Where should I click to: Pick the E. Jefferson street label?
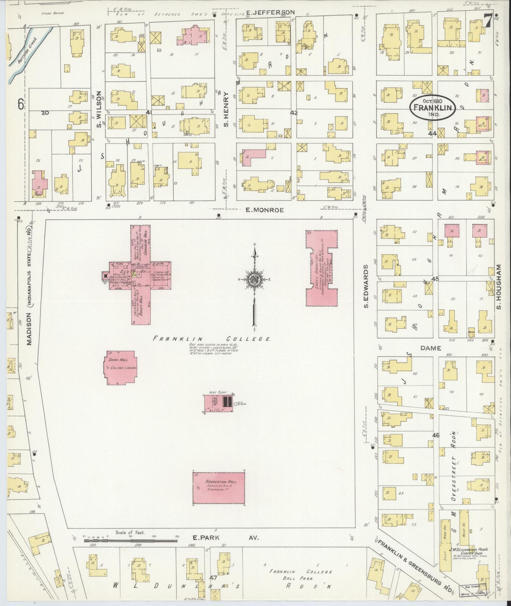pos(270,13)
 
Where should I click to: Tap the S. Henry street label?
pos(226,109)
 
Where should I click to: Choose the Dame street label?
pos(431,348)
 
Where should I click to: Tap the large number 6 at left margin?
pos(21,104)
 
